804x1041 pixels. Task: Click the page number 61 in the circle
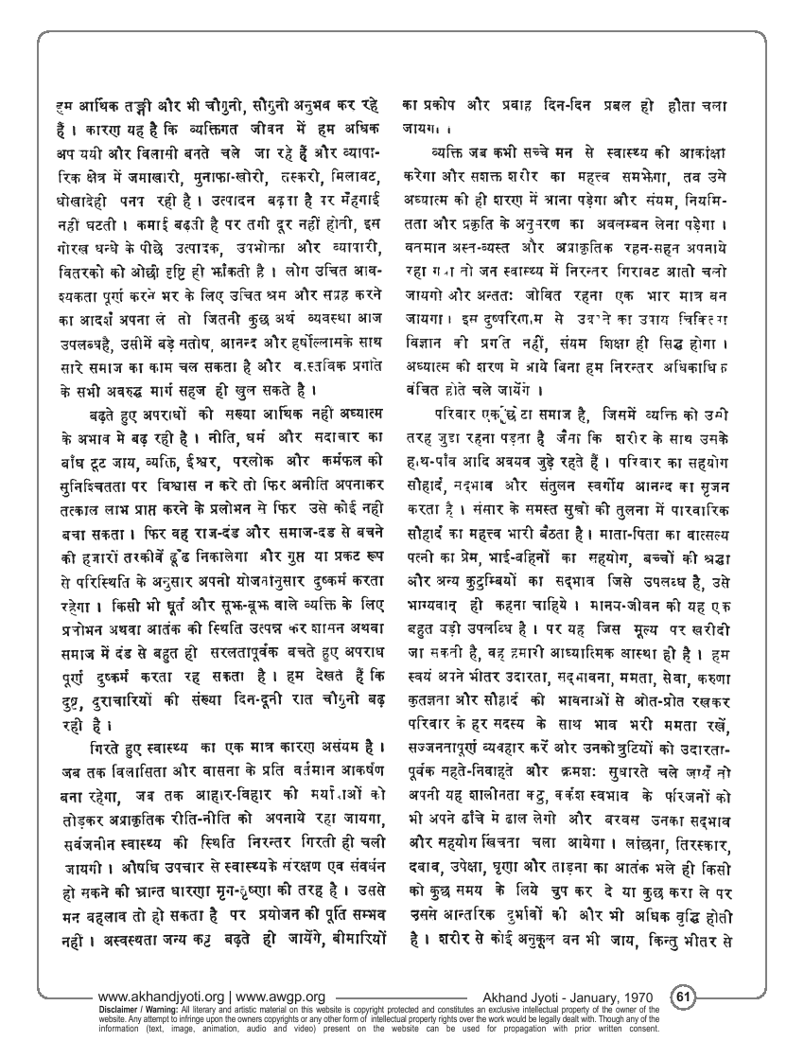683,996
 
